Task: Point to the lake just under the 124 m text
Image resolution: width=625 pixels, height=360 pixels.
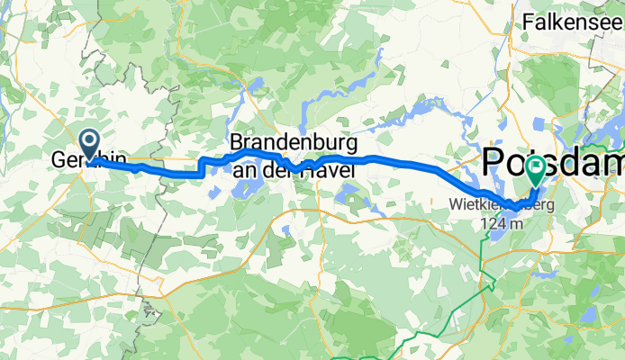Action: (493, 238)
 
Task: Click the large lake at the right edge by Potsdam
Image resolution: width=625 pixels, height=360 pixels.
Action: (612, 135)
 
